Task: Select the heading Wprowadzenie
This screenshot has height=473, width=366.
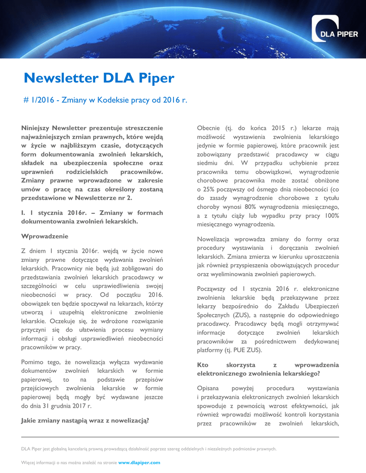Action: (x=45, y=236)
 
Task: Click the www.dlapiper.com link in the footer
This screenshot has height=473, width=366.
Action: (x=139, y=462)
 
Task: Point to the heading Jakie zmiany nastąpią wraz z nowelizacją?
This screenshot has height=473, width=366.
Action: (x=85, y=420)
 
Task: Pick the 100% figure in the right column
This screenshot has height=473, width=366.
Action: (x=331, y=215)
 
